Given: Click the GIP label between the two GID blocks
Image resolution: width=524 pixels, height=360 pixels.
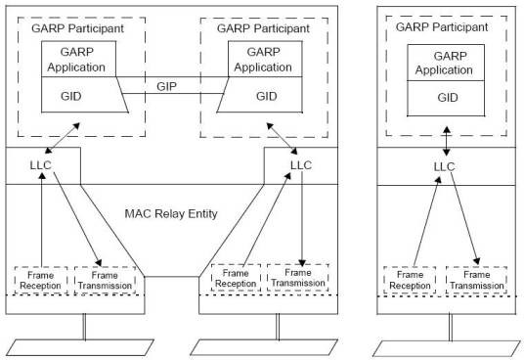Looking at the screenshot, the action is pyautogui.click(x=166, y=86).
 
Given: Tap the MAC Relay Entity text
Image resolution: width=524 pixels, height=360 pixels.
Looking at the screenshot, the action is pyautogui.click(x=171, y=213).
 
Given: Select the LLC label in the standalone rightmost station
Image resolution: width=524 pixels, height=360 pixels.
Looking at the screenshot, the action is pyautogui.click(x=444, y=166).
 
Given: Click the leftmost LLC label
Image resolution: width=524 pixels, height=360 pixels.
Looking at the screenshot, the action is pyautogui.click(x=40, y=165).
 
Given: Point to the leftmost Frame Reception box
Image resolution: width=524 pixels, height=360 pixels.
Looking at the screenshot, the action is pyautogui.click(x=41, y=281).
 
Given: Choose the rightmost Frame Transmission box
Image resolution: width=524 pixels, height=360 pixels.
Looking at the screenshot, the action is pyautogui.click(x=476, y=280).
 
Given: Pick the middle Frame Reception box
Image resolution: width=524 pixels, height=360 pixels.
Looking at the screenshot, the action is pyautogui.click(x=236, y=278).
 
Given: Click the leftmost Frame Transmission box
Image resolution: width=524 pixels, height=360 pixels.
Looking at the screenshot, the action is pyautogui.click(x=105, y=281).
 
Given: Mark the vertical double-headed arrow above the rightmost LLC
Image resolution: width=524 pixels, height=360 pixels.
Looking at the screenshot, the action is pyautogui.click(x=447, y=141).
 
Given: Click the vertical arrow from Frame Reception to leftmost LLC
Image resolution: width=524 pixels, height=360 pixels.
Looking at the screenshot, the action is pyautogui.click(x=42, y=219).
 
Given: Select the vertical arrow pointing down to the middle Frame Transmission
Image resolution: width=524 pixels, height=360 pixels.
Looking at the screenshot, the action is pyautogui.click(x=302, y=219).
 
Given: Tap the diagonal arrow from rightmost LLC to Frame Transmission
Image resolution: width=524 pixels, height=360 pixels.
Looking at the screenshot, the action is pyautogui.click(x=465, y=218).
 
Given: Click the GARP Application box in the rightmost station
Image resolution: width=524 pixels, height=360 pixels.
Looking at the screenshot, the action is pyautogui.click(x=446, y=63).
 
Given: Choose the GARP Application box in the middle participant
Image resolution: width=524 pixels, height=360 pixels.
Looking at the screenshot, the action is pyautogui.click(x=265, y=59).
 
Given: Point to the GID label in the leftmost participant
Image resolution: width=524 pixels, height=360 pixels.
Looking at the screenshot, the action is pyautogui.click(x=70, y=96).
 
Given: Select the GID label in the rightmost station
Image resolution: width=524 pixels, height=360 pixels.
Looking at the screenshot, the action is pyautogui.click(x=448, y=98).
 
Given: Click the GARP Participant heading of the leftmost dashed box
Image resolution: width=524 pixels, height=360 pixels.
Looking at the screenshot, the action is pyautogui.click(x=77, y=28).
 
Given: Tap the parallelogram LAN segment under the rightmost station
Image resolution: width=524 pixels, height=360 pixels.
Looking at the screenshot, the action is pyautogui.click(x=447, y=348).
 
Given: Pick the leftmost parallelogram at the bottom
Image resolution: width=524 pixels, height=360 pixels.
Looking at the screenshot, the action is pyautogui.click(x=80, y=347).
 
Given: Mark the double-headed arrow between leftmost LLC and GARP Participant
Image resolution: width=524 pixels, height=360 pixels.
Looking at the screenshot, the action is pyautogui.click(x=63, y=138).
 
